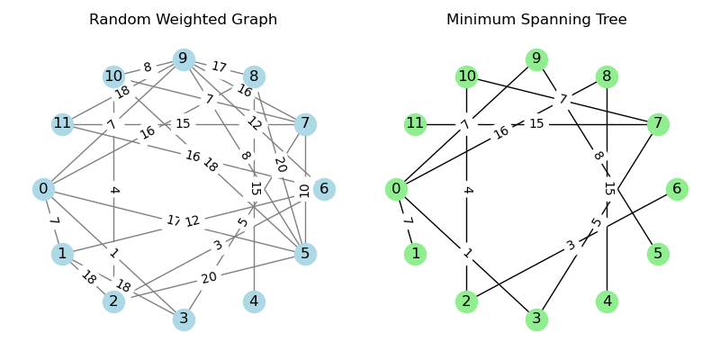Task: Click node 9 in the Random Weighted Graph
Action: click(184, 59)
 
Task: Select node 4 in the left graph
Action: click(254, 301)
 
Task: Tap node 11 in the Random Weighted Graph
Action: click(62, 124)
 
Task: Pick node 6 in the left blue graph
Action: click(324, 189)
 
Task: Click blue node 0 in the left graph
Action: click(42, 189)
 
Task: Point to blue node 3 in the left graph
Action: click(184, 319)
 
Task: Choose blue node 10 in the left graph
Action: click(113, 76)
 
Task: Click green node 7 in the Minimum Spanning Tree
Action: click(658, 124)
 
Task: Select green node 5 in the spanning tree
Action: click(658, 254)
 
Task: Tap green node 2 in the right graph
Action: click(466, 301)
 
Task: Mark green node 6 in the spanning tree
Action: click(677, 189)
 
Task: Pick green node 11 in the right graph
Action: click(415, 124)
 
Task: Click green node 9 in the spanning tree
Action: click(536, 59)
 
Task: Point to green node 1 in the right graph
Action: click(415, 254)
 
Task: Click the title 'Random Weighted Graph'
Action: click(184, 20)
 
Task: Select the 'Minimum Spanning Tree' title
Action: click(536, 20)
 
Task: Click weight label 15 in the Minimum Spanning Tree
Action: click(536, 123)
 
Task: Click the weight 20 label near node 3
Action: click(209, 278)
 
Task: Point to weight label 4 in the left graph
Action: click(113, 190)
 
